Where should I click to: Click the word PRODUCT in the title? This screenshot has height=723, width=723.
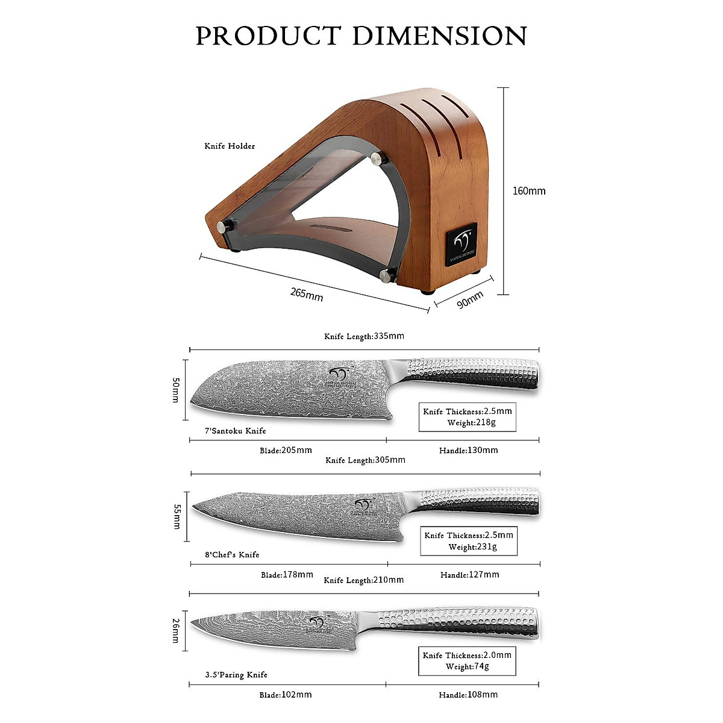pos(268,36)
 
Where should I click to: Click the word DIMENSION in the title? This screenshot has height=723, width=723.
pos(440,36)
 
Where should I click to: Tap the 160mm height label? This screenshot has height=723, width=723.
pos(528,191)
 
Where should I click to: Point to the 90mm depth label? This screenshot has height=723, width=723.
pos(470,299)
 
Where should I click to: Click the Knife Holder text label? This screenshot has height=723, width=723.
pos(230,146)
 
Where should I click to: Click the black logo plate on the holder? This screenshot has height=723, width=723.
pos(462,244)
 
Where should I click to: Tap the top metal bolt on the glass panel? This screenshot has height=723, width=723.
pos(378,159)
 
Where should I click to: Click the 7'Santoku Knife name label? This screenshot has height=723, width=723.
pos(235,431)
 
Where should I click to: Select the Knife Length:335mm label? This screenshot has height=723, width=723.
pos(364,336)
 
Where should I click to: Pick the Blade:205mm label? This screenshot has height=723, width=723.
pos(286,450)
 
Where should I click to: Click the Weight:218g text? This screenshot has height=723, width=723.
pos(471,423)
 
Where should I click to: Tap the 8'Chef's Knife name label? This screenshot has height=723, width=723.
pos(232,554)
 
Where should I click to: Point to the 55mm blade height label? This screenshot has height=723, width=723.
pos(177,517)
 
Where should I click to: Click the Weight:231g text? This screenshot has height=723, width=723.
pos(472,547)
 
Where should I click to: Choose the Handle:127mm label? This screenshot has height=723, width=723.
pos(469,575)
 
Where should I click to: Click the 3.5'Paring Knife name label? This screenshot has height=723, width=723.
pos(236,675)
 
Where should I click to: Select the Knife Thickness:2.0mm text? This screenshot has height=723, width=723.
pos(467,655)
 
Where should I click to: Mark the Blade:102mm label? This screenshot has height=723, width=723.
pos(286,695)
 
